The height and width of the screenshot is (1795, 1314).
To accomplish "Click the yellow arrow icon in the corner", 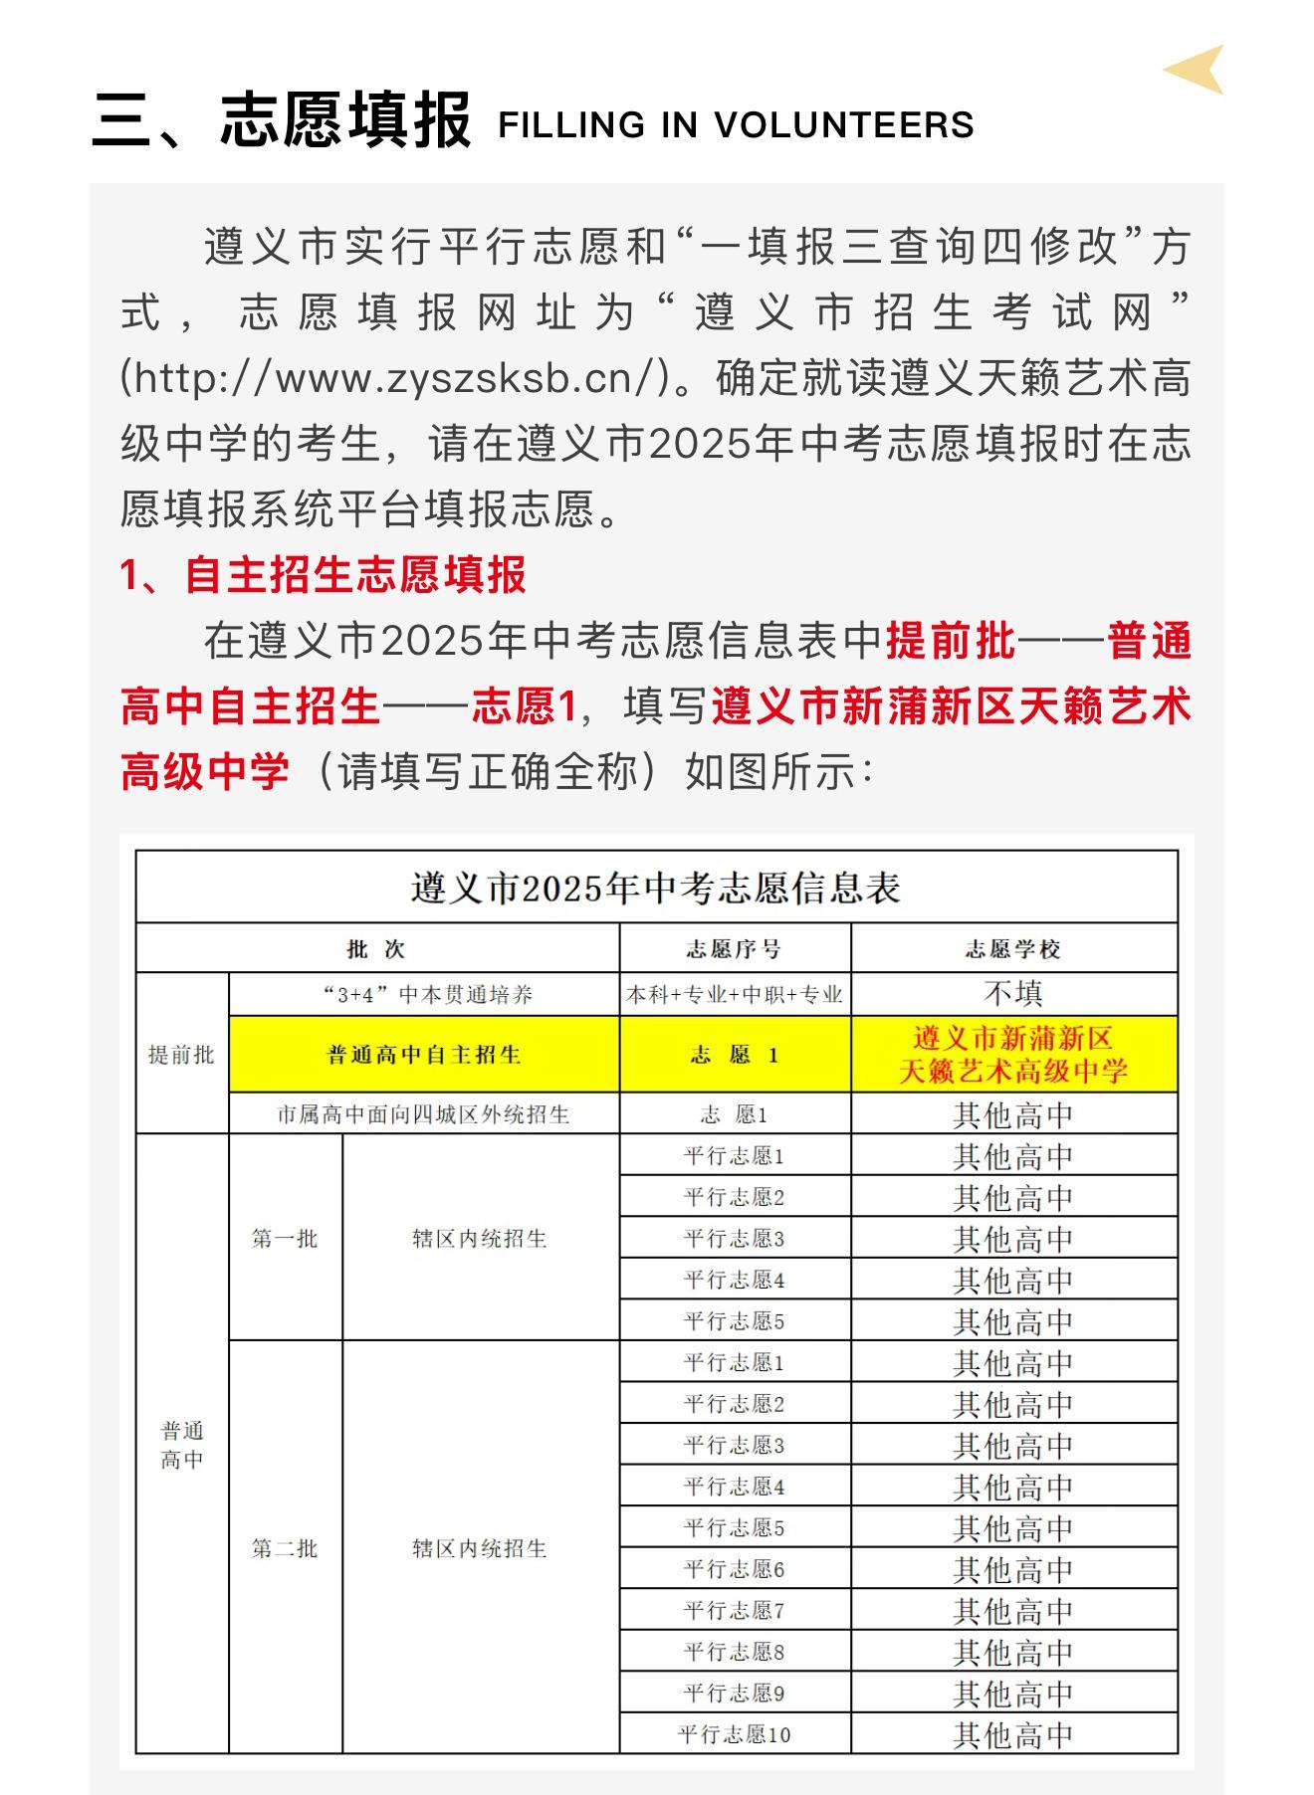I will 1196,70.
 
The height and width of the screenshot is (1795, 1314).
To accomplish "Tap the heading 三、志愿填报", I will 281,121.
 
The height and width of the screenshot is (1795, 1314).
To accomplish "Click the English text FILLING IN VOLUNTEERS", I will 736,125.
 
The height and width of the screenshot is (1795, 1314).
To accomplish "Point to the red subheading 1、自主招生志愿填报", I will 324,575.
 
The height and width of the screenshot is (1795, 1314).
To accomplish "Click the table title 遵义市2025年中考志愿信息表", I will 656,888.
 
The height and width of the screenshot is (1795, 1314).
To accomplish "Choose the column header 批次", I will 376,949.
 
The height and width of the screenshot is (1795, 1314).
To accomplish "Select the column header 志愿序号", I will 735,949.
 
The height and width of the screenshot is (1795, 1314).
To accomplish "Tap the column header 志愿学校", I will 1013,949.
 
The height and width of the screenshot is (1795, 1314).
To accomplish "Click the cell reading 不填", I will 1013,994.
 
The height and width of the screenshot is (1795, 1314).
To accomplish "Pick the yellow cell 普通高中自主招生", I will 424,1055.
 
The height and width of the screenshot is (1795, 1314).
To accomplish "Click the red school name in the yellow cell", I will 1013,1055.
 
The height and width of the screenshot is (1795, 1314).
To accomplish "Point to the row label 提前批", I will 181,1055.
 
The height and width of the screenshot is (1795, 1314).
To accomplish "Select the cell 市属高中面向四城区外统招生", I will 424,1114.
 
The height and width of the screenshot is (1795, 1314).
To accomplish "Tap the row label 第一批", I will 285,1239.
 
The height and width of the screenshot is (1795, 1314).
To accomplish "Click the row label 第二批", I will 285,1548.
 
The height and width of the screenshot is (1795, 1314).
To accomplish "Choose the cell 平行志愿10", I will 735,1735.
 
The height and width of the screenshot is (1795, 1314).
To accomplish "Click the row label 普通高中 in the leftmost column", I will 182,1445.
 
